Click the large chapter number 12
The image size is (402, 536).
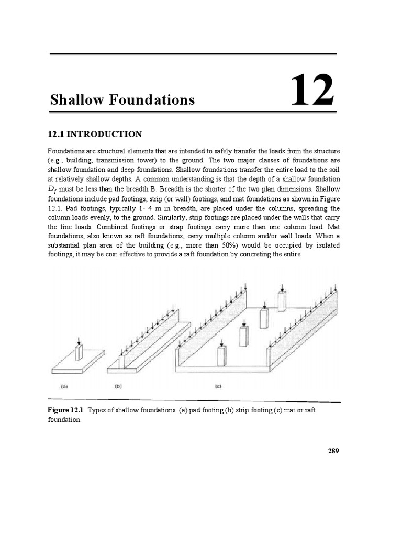[312, 91]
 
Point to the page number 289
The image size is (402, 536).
[334, 451]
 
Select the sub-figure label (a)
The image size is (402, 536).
[64, 387]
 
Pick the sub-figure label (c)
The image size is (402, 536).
[218, 387]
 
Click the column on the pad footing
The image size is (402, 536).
[79, 352]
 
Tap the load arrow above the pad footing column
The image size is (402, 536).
[79, 341]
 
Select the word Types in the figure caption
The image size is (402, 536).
[97, 410]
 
